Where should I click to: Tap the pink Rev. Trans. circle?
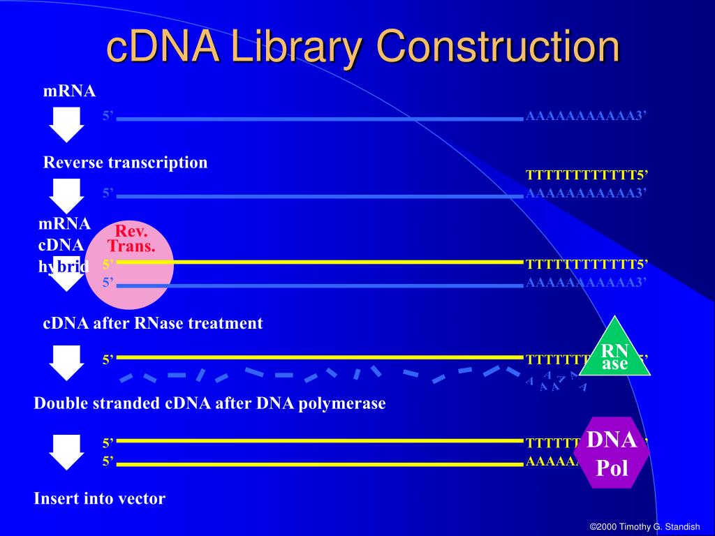click(x=131, y=265)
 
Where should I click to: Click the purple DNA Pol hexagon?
click(x=612, y=453)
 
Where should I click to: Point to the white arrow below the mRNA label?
click(x=66, y=124)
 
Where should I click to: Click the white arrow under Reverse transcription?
click(x=66, y=195)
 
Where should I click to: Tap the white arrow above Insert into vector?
click(x=66, y=452)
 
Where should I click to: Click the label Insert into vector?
click(x=99, y=498)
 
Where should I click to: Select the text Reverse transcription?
click(x=126, y=163)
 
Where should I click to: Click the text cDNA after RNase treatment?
click(x=153, y=323)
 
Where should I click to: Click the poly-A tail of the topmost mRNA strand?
click(x=587, y=116)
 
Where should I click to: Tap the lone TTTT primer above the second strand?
click(x=587, y=174)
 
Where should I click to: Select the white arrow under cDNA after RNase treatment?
click(x=66, y=363)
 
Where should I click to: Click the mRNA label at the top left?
click(x=69, y=91)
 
